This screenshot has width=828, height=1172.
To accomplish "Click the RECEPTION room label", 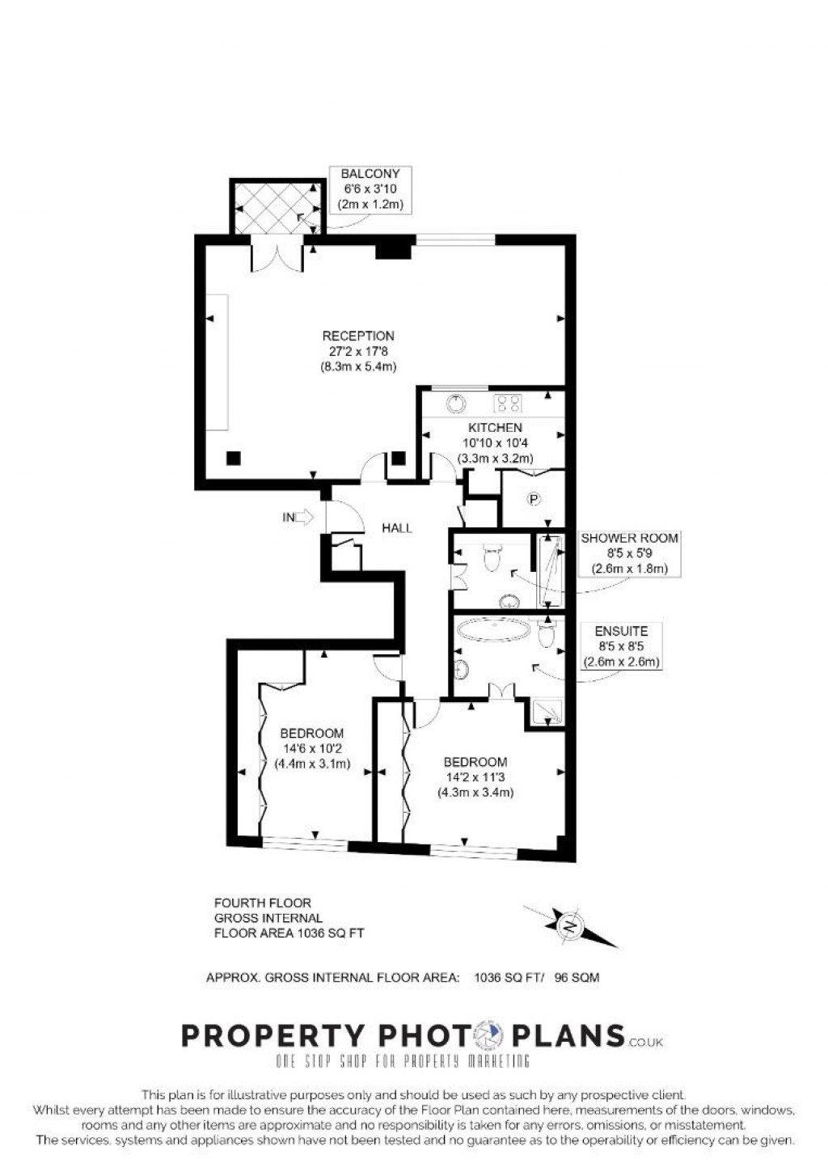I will click(358, 336).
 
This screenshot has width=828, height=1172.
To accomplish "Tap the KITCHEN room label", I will click(495, 427).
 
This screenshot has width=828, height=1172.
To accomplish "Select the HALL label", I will click(397, 528).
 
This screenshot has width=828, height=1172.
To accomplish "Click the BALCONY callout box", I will click(370, 189).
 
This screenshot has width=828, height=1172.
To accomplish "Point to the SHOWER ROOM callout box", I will click(629, 553).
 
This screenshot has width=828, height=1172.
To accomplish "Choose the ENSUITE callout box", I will click(621, 646).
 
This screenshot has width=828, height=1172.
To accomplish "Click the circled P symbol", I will click(534, 499).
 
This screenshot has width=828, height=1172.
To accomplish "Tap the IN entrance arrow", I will click(298, 518).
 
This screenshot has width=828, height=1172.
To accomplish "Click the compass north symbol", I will click(571, 924).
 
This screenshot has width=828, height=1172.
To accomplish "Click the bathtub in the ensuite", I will click(493, 633).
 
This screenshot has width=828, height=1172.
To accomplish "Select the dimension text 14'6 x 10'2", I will click(312, 749).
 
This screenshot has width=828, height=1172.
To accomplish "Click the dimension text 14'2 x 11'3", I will click(475, 777).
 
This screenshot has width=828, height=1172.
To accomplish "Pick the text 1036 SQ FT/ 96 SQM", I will click(536, 977).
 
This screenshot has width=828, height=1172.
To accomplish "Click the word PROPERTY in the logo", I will click(272, 1034).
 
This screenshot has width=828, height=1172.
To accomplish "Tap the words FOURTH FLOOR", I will click(262, 903).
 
